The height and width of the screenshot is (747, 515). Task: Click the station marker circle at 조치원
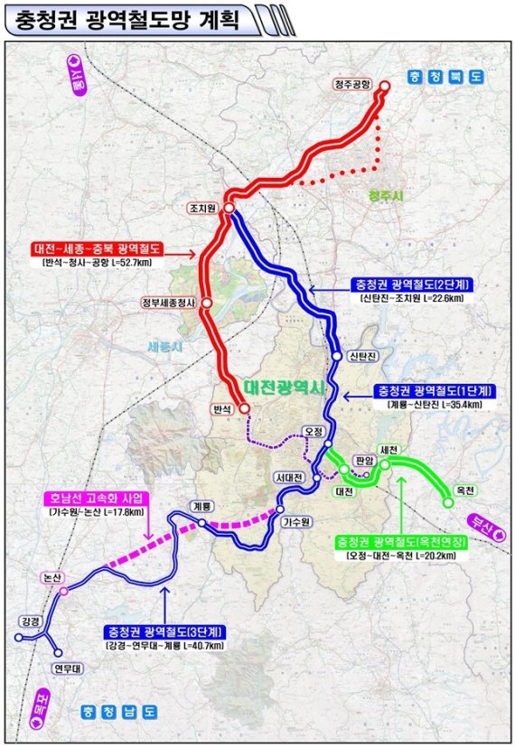pyautogui.click(x=229, y=209)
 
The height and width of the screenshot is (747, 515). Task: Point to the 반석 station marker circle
pyautogui.click(x=244, y=409)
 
